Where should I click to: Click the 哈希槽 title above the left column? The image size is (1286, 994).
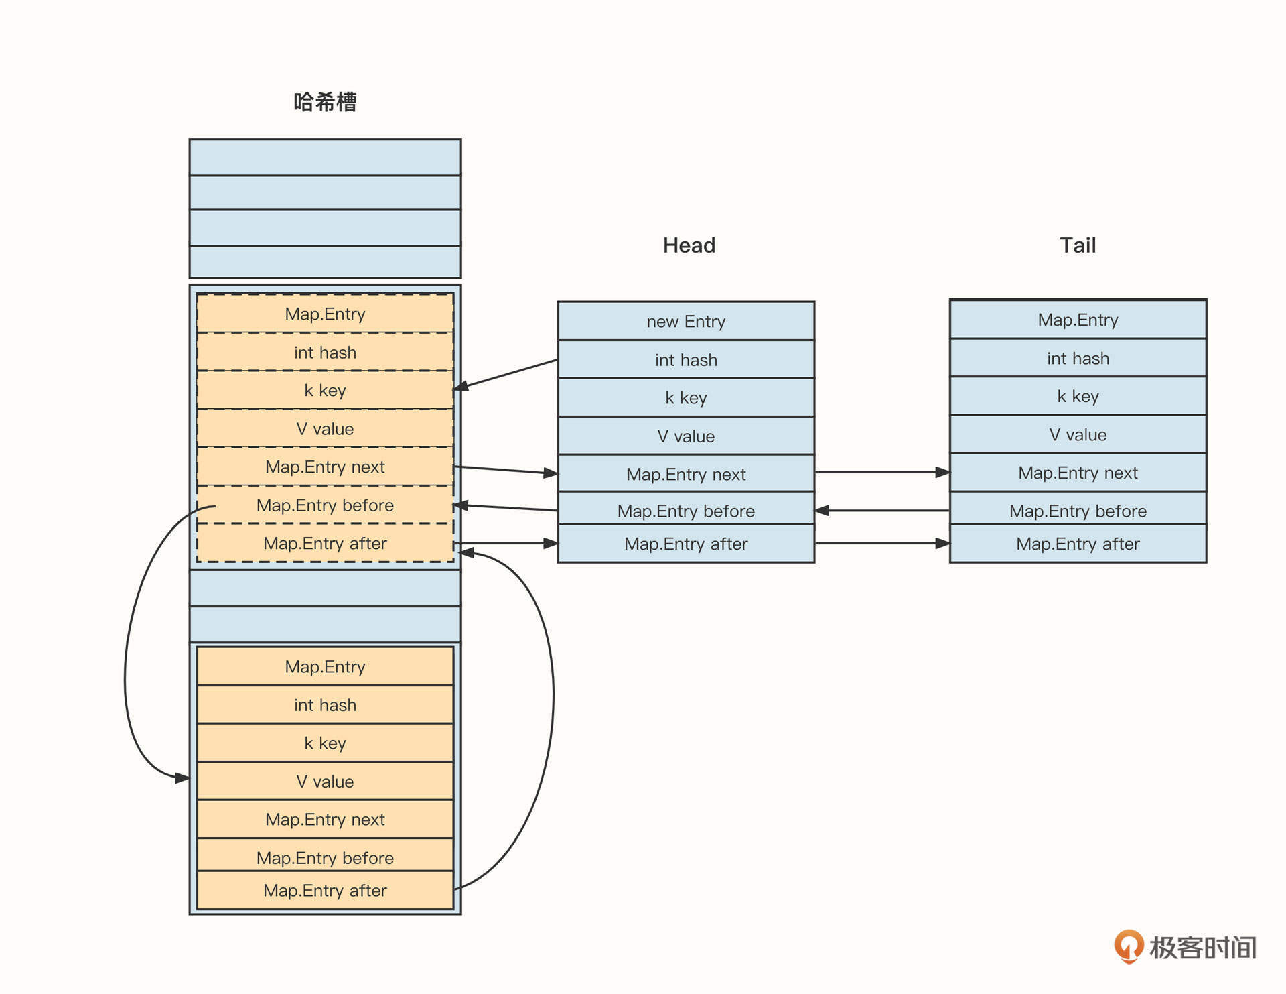(x=325, y=102)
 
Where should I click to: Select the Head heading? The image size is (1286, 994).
(x=689, y=245)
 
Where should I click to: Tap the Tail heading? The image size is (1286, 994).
(x=1077, y=245)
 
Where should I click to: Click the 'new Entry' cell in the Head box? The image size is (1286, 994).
(x=686, y=322)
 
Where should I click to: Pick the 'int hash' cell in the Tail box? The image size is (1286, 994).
(x=1078, y=359)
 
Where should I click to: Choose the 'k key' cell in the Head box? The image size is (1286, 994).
(x=686, y=398)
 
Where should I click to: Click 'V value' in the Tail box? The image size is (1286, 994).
(x=1078, y=435)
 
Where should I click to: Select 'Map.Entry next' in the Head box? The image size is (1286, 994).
(x=686, y=475)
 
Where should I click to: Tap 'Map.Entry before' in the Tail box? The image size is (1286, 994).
(x=1078, y=511)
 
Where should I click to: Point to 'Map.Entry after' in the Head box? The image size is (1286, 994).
(x=686, y=544)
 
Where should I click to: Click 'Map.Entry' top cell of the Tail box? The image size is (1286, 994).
(x=1078, y=320)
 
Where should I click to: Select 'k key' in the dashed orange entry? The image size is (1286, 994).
(x=325, y=391)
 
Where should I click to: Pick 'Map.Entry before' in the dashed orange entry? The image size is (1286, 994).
(x=325, y=505)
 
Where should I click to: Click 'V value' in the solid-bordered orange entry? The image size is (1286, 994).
(x=325, y=782)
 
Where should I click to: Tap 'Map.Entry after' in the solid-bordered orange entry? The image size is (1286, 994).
(x=325, y=891)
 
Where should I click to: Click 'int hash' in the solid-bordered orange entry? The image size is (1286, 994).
(x=325, y=705)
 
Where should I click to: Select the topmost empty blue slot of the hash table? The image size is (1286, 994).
(x=325, y=158)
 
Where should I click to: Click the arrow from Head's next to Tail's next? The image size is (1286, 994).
(x=881, y=473)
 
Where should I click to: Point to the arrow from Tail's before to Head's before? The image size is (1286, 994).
(x=881, y=511)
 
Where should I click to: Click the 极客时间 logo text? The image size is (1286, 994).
(x=1202, y=948)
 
